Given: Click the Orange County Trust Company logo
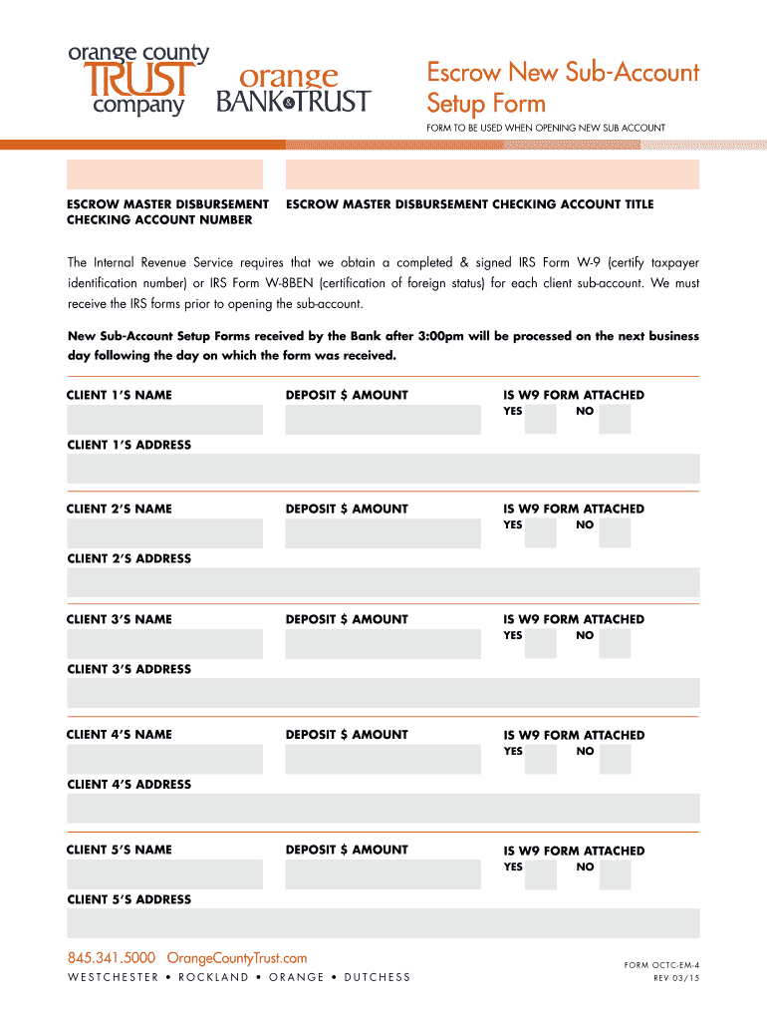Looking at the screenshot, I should coord(138,80).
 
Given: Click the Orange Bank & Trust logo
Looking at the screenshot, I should coord(293,90).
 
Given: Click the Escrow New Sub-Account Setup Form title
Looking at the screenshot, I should coord(563,87).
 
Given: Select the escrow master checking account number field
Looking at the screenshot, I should coord(164,174).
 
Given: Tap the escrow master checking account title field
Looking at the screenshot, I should coord(492,174).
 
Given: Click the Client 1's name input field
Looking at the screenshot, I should coord(164,420).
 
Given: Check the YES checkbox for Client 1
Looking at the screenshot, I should coord(541,420).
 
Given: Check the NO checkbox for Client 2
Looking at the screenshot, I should coord(615,533).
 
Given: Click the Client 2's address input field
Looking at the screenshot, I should coord(383,583).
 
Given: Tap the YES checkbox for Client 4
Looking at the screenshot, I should coord(541,760).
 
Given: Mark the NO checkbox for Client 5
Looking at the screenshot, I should coord(615,874).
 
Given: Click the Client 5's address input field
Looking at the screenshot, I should coord(383,923).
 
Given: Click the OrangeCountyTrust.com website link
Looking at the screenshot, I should coord(236,958).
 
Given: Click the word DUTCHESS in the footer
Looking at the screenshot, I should coord(377,977).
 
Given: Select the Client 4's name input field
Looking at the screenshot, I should coord(164,760).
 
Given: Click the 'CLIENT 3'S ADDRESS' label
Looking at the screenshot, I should coord(128,669).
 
